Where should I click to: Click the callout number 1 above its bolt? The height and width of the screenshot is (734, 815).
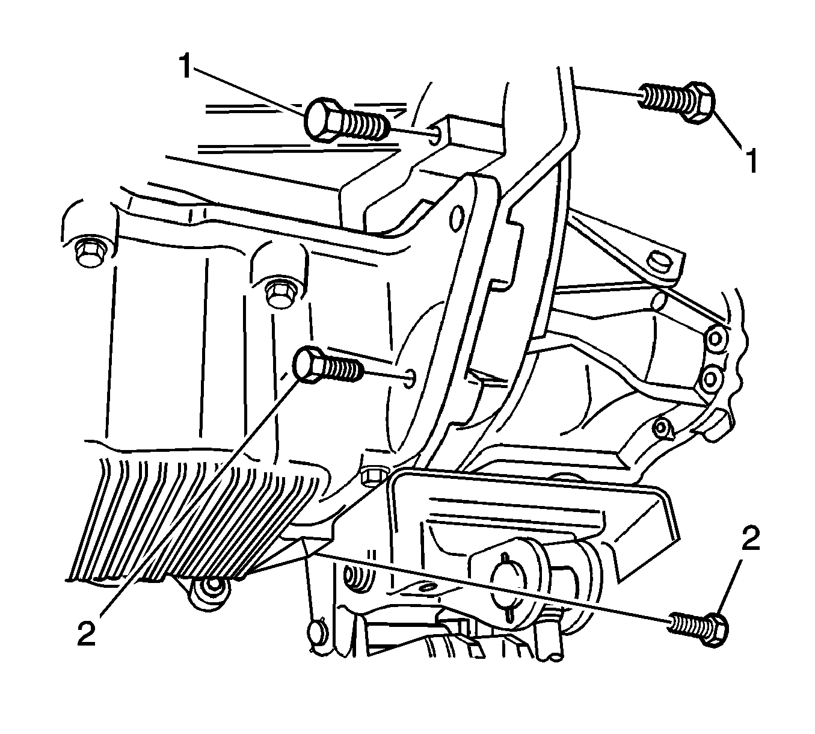click(x=185, y=66)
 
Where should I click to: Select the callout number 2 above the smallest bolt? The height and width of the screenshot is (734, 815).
click(x=751, y=538)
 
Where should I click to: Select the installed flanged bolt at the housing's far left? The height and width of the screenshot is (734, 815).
click(x=90, y=253)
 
